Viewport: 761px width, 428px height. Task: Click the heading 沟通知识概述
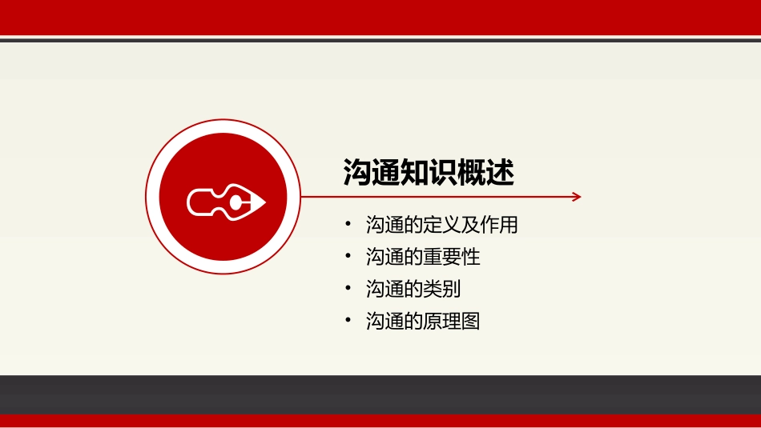(429, 172)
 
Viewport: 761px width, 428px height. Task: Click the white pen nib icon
(226, 202)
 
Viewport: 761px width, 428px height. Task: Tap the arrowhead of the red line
(577, 196)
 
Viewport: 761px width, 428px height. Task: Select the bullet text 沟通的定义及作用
(441, 225)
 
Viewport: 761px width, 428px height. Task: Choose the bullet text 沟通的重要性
(423, 257)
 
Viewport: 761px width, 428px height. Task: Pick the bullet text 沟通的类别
(413, 289)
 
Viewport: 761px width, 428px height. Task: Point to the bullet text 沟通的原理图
(423, 321)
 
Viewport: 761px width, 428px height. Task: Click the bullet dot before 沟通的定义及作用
(348, 223)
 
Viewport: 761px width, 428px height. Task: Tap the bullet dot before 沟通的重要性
(348, 255)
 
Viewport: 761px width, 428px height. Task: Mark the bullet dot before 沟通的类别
(348, 287)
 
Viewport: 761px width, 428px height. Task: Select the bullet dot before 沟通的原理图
(348, 319)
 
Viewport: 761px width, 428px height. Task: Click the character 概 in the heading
(471, 172)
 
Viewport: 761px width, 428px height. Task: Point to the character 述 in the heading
(500, 172)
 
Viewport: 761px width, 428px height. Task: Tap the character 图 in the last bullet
(470, 321)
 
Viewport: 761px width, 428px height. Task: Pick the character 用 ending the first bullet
(508, 225)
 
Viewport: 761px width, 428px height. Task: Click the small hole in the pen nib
(236, 202)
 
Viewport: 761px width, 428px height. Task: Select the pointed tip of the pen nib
(264, 202)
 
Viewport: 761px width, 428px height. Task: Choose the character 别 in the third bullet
(451, 289)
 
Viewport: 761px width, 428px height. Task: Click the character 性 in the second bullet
(470, 257)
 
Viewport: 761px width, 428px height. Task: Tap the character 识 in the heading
(443, 172)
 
